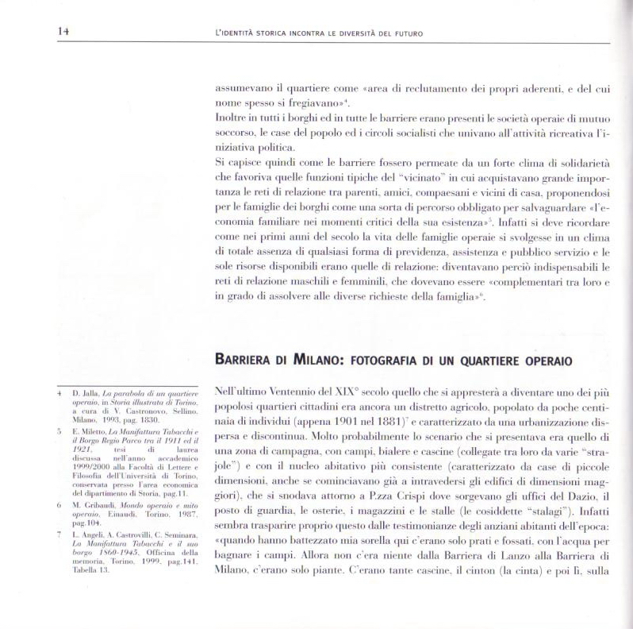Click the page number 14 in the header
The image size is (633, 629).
63,31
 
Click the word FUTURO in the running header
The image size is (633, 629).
406,33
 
